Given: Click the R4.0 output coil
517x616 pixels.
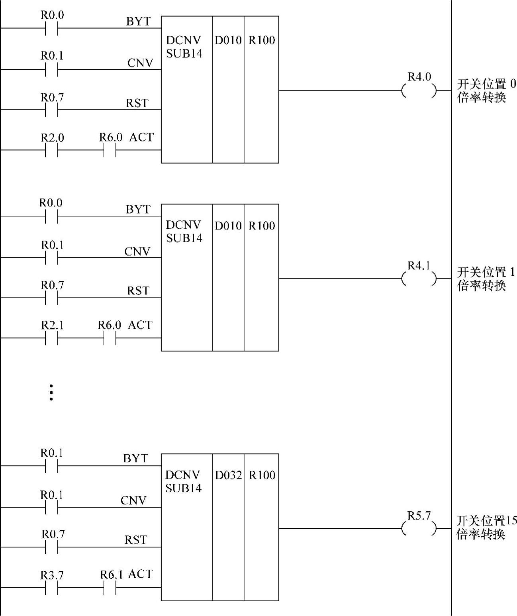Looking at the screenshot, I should pyautogui.click(x=419, y=91).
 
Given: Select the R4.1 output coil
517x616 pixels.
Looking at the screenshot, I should pyautogui.click(x=419, y=279).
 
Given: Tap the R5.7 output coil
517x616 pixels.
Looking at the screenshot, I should pyautogui.click(x=419, y=529).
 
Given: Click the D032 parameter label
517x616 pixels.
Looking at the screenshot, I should pyautogui.click(x=228, y=475).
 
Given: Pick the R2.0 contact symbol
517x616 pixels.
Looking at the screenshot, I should pyautogui.click(x=52, y=150).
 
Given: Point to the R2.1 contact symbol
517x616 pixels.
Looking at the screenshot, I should pyautogui.click(x=52, y=338).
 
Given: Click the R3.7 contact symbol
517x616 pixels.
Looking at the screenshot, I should pyautogui.click(x=52, y=587).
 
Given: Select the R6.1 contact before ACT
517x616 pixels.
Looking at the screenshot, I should pyautogui.click(x=110, y=587).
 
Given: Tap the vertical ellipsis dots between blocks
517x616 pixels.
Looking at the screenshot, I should pyautogui.click(x=51, y=392).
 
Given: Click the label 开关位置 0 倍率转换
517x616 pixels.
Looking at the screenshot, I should pyautogui.click(x=486, y=91).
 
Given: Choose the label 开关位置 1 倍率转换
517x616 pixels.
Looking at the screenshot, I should pyautogui.click(x=486, y=279).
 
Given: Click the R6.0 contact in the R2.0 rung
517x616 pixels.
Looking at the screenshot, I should pyautogui.click(x=110, y=150).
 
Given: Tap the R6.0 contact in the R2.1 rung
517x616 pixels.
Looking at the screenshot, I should pyautogui.click(x=110, y=338).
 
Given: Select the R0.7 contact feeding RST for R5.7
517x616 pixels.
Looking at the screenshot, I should pyautogui.click(x=52, y=547).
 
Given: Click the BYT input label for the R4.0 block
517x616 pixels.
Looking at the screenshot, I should pyautogui.click(x=138, y=22).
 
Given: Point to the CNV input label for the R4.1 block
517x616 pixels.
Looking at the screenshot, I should pyautogui.click(x=137, y=251).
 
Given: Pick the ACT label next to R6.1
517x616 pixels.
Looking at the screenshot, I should pyautogui.click(x=141, y=574).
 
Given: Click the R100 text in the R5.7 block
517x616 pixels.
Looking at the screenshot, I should pyautogui.click(x=262, y=475).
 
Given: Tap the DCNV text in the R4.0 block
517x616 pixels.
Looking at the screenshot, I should pyautogui.click(x=184, y=40).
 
